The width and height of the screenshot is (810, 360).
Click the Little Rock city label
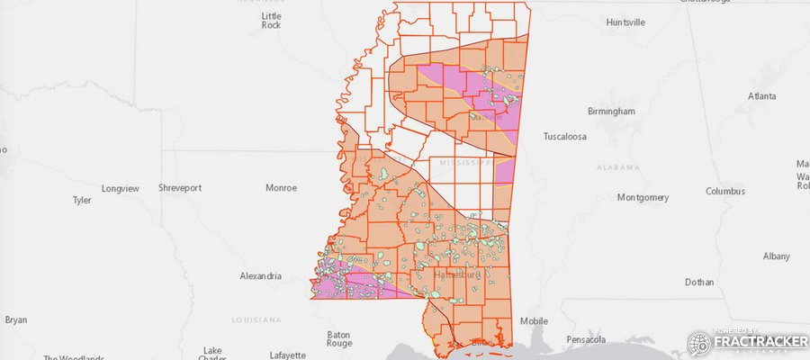point(271,21)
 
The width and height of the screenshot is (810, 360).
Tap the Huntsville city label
point(625,22)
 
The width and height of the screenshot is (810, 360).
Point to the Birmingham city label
point(611,111)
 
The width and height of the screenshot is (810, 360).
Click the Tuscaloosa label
point(564,137)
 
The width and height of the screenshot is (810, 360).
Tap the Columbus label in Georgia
point(724,191)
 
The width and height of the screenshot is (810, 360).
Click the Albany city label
point(776,256)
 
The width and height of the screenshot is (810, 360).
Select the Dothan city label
point(698,282)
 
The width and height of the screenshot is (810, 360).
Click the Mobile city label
point(534,321)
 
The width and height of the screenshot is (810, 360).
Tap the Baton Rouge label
point(339,338)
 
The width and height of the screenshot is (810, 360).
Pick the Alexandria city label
point(261,276)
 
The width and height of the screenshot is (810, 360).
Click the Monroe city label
point(281,188)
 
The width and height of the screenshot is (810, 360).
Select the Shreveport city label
point(180,188)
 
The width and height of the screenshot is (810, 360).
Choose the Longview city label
point(121,188)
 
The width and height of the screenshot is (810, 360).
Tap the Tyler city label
point(82,201)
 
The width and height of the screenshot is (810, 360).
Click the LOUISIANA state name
point(256,319)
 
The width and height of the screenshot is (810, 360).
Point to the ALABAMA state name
point(617,167)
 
